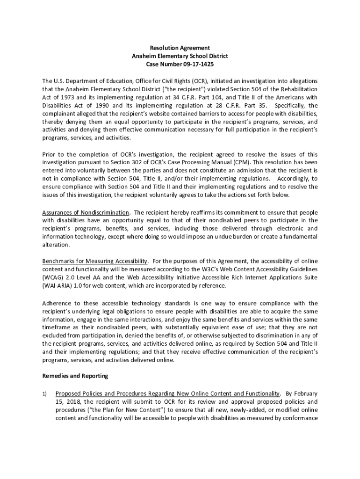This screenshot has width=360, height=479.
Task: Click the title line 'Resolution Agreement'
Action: tap(180, 48)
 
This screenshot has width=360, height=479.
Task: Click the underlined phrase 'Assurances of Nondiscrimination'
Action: tap(86, 212)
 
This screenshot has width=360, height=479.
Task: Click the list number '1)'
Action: tap(45, 393)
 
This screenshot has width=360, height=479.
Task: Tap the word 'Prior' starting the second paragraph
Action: tap(50, 154)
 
